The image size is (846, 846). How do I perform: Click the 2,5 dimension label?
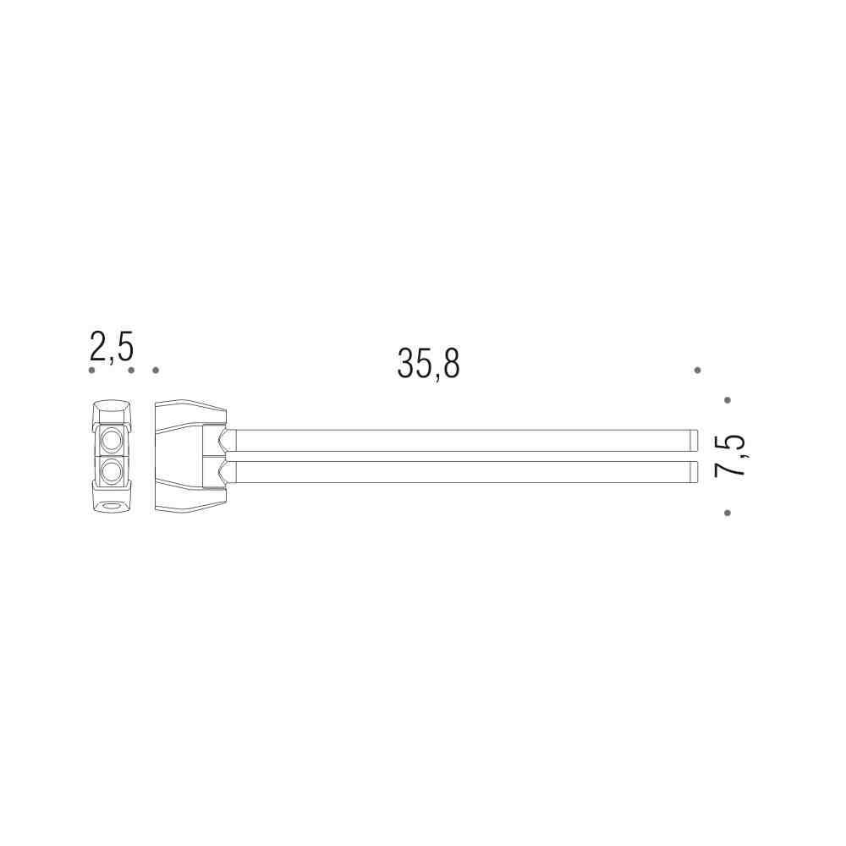112,347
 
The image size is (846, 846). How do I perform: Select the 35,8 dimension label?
428,364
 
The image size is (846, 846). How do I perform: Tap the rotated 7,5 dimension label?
729,456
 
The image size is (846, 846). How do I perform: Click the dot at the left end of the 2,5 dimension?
91,371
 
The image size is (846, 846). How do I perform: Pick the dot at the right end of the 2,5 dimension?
131,371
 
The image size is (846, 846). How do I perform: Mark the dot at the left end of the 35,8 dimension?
156,371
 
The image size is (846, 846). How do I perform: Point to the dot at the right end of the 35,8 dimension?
698,371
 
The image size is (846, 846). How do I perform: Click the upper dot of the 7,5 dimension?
728,400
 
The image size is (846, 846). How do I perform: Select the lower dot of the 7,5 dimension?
728,513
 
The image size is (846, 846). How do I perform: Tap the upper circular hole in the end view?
113,441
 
